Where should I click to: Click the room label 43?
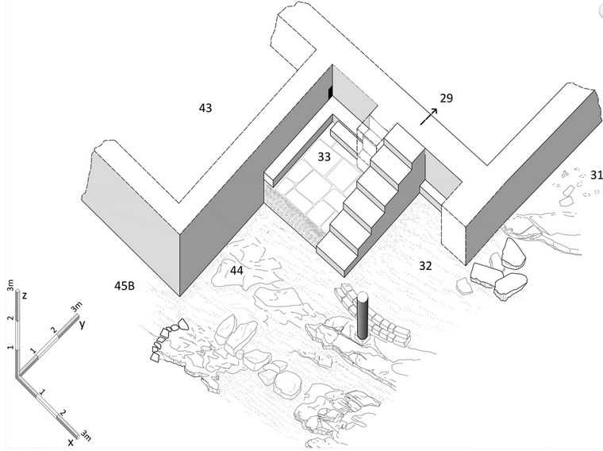[205, 106]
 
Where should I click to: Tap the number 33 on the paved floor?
[324, 156]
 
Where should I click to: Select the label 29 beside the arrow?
[446, 98]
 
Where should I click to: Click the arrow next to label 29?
[428, 115]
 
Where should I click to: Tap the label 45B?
[125, 285]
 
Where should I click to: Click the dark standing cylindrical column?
[363, 317]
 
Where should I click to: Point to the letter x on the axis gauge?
[71, 440]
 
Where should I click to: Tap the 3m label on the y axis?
[76, 307]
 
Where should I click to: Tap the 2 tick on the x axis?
[61, 413]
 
